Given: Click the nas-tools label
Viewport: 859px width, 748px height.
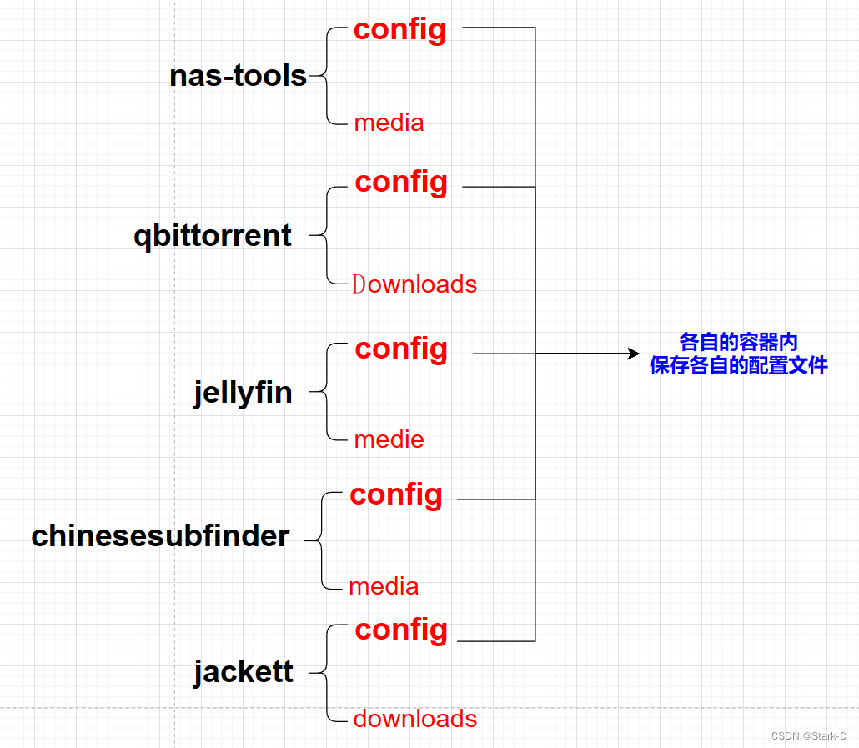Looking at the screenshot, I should coord(238,76).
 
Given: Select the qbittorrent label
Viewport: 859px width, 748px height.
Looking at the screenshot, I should coord(213,236).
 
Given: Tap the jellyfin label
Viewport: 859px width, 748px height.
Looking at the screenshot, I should coord(243,391).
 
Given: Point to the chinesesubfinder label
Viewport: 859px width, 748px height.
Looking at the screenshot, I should coord(160,536).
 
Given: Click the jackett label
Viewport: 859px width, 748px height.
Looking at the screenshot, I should coord(243,670).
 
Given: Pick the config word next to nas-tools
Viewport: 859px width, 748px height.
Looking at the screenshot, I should coord(399,30).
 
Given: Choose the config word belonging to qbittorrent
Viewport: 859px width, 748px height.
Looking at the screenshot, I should coord(401,182).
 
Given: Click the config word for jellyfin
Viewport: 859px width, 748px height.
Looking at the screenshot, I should coord(401,349).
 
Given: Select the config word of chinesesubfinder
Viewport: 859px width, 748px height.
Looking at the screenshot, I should coord(396,494).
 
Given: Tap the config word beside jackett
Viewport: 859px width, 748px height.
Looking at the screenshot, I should coord(401,630).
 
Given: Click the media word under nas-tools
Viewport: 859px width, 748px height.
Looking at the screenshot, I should coord(389,123).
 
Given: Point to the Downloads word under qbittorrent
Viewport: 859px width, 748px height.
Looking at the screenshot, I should coord(414,284).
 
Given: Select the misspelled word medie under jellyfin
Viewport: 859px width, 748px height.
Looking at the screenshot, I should coord(389,439).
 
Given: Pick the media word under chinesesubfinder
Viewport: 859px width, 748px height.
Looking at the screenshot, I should coord(384,586).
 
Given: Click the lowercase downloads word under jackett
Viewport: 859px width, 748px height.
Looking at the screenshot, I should coord(415,719).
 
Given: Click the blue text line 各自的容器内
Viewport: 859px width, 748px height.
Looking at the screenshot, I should coord(738,342).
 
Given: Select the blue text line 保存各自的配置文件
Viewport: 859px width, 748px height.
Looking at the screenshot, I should coord(738,365).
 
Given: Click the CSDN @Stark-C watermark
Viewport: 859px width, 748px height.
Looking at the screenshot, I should coord(808,735).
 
